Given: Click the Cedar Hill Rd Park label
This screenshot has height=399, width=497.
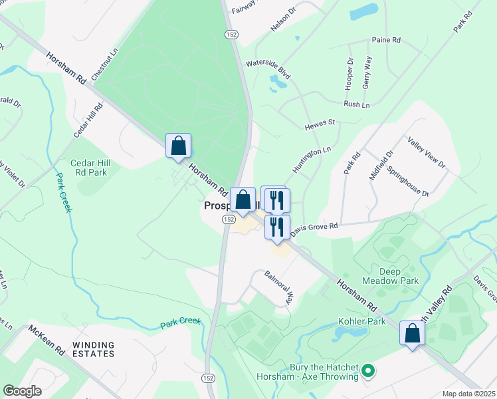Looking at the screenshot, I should point(88,168).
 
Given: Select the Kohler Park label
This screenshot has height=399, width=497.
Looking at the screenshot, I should point(362,321).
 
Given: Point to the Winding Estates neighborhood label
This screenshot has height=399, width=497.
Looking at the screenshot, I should point(94,350).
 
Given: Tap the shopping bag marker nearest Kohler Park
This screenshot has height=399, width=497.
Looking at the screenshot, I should point(412,333).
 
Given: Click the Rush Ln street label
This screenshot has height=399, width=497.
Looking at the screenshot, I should point(356,105).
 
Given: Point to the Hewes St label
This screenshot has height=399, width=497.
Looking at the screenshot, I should point(320,124).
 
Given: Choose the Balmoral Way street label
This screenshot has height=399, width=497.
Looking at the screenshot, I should point(278,287).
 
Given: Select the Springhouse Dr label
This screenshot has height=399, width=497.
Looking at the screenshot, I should point(408,181).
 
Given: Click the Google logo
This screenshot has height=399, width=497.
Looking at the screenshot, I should point(22,391).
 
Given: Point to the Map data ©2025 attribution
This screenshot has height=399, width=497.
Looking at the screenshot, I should point(468,394).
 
